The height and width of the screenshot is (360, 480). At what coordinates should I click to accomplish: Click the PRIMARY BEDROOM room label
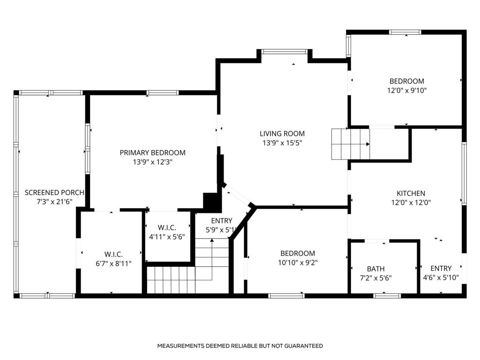tap(152, 152)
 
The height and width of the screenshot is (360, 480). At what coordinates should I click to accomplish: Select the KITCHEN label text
tap(411, 193)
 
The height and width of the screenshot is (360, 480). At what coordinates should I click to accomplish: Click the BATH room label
tap(375, 269)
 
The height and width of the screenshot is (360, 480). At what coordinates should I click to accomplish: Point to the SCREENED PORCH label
tap(54, 193)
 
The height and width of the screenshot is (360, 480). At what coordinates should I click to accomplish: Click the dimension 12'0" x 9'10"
tap(406, 90)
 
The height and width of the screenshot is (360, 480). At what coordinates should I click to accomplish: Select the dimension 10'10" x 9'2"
tap(298, 263)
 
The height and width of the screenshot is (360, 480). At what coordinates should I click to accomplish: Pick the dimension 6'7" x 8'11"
tap(111, 263)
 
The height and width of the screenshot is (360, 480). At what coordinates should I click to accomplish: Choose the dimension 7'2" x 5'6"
tap(375, 277)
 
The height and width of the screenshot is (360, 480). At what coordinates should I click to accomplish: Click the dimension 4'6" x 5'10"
tap(441, 277)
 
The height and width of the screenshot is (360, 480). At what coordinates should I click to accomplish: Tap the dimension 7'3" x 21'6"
tap(54, 202)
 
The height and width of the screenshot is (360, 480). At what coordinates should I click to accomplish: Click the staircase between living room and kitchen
tap(350, 144)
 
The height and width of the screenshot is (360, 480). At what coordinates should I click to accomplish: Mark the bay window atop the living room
tap(285, 52)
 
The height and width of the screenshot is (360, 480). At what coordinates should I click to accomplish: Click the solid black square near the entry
tap(211, 202)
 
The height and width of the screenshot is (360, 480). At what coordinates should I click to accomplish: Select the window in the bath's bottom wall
tap(387, 296)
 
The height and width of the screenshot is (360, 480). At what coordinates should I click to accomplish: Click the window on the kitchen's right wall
tap(464, 173)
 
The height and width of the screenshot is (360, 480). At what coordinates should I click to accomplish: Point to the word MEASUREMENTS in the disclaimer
tap(180, 346)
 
